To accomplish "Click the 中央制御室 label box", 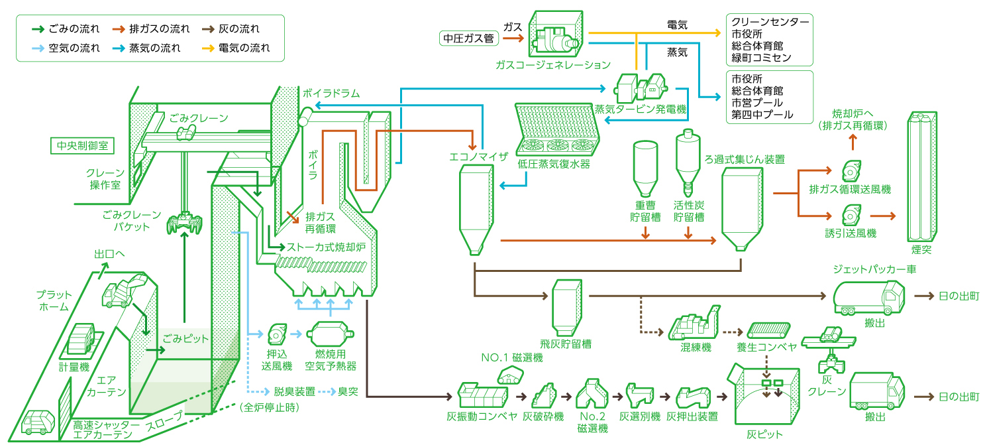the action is [x=82, y=146].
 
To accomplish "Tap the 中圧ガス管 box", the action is [x=469, y=38].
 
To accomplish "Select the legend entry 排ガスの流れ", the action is [x=151, y=29].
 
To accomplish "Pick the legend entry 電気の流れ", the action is [x=236, y=48].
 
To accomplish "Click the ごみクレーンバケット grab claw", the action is [x=185, y=223].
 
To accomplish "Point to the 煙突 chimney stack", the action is [x=922, y=176].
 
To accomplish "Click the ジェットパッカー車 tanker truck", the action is [x=868, y=298].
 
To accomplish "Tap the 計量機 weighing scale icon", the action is [x=81, y=342].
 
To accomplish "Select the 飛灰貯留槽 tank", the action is [x=567, y=308].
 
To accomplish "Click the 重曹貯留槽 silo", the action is [x=646, y=168].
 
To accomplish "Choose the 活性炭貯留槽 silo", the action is [x=688, y=162].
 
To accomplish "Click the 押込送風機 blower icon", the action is [x=277, y=335].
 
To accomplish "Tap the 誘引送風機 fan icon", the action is [x=851, y=216].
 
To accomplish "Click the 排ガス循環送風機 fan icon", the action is [x=851, y=171].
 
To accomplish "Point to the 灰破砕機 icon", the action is [x=544, y=395].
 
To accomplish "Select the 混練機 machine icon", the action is [x=695, y=323].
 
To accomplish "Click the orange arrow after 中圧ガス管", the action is [x=513, y=38].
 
